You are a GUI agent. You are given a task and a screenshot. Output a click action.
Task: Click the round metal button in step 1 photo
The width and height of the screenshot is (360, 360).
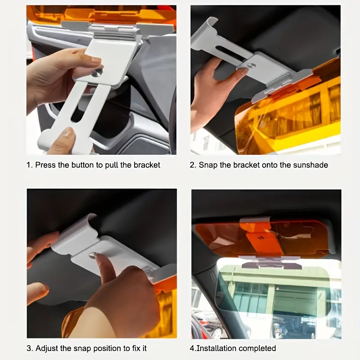coord(97,73)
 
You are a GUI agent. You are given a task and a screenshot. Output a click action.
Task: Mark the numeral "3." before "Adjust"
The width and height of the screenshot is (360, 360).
coord(30,348)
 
